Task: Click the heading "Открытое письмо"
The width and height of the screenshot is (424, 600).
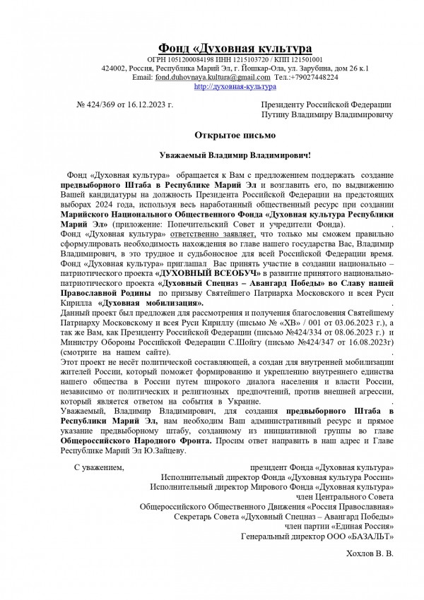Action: (230, 134)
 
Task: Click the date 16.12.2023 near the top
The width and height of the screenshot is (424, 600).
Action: (150, 105)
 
